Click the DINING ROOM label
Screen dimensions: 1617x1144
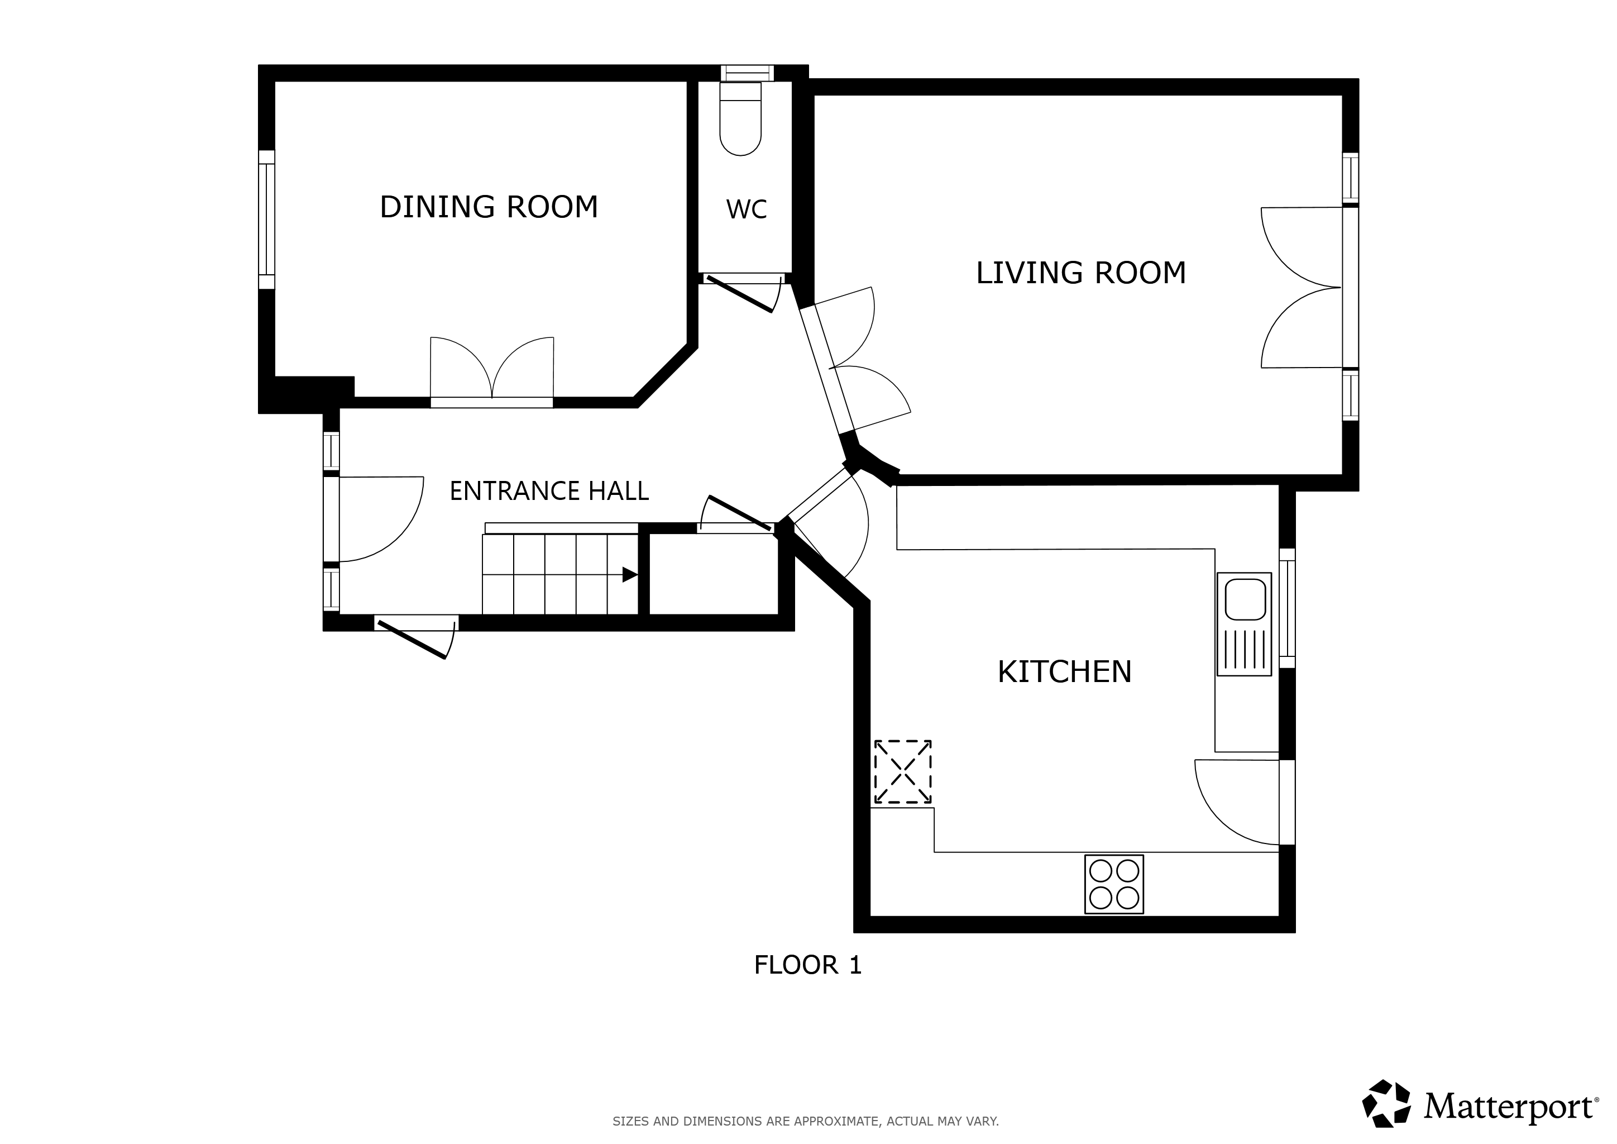click(489, 207)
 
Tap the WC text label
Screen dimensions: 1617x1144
click(746, 209)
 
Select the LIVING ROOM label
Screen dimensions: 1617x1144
click(1080, 273)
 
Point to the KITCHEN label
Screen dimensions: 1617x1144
click(1064, 672)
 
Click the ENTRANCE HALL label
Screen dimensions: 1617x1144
click(549, 491)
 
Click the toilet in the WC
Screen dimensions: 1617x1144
click(740, 118)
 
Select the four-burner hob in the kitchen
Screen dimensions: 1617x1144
click(1114, 884)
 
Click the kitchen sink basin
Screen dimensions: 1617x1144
click(1245, 599)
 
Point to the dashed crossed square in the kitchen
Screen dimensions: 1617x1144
click(902, 771)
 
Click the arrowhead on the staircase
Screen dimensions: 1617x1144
click(630, 575)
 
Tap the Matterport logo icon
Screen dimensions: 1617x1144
click(1386, 1103)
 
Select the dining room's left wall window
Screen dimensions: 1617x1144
click(266, 220)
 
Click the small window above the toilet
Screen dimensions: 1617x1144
click(747, 73)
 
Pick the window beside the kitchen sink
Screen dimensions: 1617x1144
click(1286, 608)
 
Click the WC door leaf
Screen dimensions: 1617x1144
click(739, 294)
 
